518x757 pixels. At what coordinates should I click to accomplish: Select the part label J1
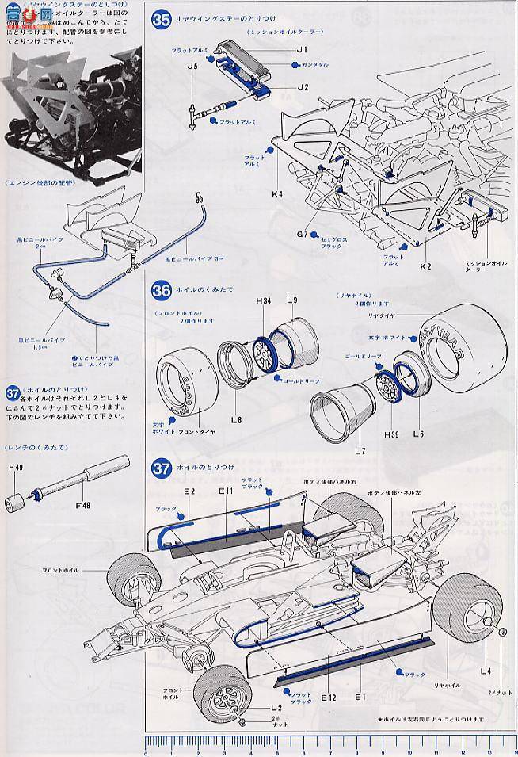301,50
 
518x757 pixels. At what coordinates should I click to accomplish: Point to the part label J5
192,67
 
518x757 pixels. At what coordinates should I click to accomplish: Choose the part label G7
302,235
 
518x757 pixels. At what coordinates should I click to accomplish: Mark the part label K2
425,266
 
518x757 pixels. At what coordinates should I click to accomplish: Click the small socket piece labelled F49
13,503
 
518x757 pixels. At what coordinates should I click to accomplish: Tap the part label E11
227,491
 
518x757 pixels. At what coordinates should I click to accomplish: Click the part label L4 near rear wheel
486,671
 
